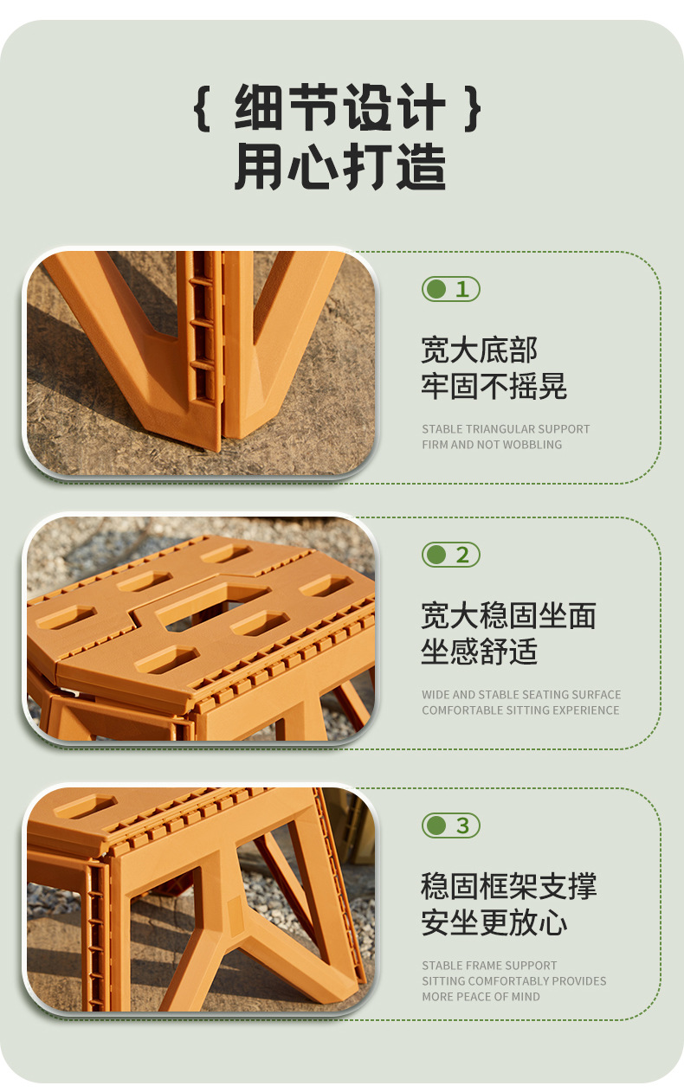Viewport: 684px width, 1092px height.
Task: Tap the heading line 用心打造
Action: click(340, 166)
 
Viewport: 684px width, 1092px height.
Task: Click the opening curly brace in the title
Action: click(202, 108)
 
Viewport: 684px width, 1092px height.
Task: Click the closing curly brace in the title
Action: click(472, 108)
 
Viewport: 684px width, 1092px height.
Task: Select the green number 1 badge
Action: click(451, 289)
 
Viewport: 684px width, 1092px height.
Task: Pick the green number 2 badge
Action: click(451, 555)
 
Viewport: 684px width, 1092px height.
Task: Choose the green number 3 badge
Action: click(451, 825)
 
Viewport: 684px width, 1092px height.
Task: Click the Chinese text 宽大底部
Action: click(479, 350)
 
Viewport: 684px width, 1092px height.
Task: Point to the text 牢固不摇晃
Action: click(494, 386)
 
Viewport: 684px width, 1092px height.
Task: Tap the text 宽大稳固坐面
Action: click(508, 615)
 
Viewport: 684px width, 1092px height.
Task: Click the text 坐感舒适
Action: click(479, 652)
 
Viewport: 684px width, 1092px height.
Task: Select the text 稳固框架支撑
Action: click(508, 886)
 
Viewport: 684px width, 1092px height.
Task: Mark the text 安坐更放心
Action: click(494, 922)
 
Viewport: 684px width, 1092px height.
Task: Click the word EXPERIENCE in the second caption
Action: click(590, 710)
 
